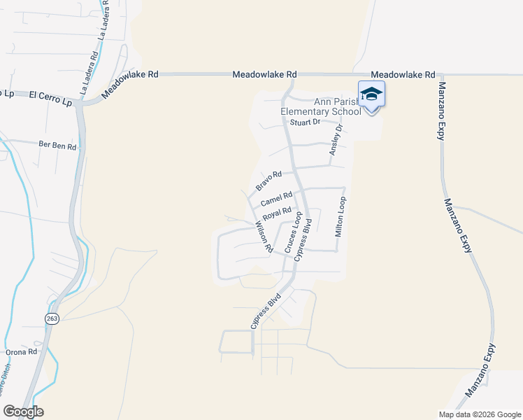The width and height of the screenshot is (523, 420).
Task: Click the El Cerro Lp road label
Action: [51, 97]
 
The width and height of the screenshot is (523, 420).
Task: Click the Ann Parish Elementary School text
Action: [320, 106]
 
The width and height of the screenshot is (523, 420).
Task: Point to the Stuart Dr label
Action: [305, 122]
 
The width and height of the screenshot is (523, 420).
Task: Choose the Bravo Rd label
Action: [268, 181]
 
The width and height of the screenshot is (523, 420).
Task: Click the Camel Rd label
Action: [275, 199]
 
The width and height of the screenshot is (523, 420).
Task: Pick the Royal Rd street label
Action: [276, 212]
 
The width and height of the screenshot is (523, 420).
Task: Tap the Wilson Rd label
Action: [264, 237]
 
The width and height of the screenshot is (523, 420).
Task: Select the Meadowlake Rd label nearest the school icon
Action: [403, 74]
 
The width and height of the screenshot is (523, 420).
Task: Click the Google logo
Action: [23, 412]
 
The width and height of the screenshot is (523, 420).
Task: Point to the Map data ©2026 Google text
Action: [479, 414]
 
